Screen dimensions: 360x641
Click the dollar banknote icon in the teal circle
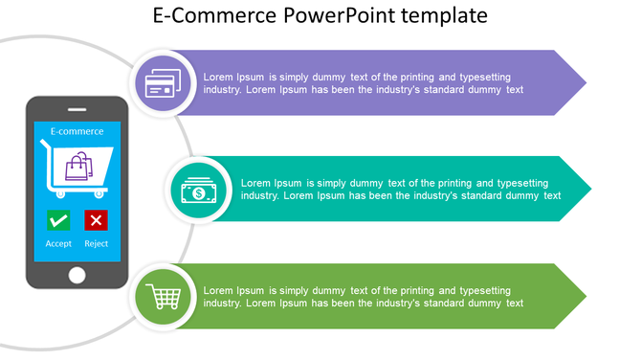tap(198, 190)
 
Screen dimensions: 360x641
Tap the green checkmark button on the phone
tap(58, 221)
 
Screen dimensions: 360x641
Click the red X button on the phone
tap(96, 221)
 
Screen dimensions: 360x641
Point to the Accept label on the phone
tap(58, 244)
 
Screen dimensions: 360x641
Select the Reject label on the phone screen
tap(96, 244)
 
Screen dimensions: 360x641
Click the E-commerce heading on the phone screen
tap(77, 131)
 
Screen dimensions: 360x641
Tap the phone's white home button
tap(77, 275)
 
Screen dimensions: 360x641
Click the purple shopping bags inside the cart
tap(77, 168)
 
